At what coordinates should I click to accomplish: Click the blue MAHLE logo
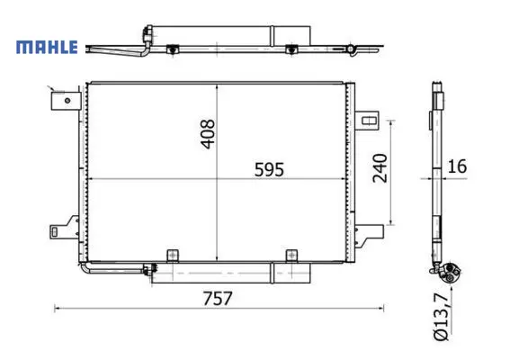[47, 47]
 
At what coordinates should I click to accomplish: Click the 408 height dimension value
[208, 134]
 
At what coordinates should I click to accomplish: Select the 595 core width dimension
[269, 169]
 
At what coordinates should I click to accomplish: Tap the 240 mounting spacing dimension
[380, 168]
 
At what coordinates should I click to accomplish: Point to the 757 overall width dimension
[218, 298]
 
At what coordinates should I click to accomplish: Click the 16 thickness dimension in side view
[457, 166]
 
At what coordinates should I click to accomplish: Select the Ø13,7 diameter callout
[442, 317]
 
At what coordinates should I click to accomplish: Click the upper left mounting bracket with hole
[66, 101]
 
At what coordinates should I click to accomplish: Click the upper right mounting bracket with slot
[367, 121]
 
